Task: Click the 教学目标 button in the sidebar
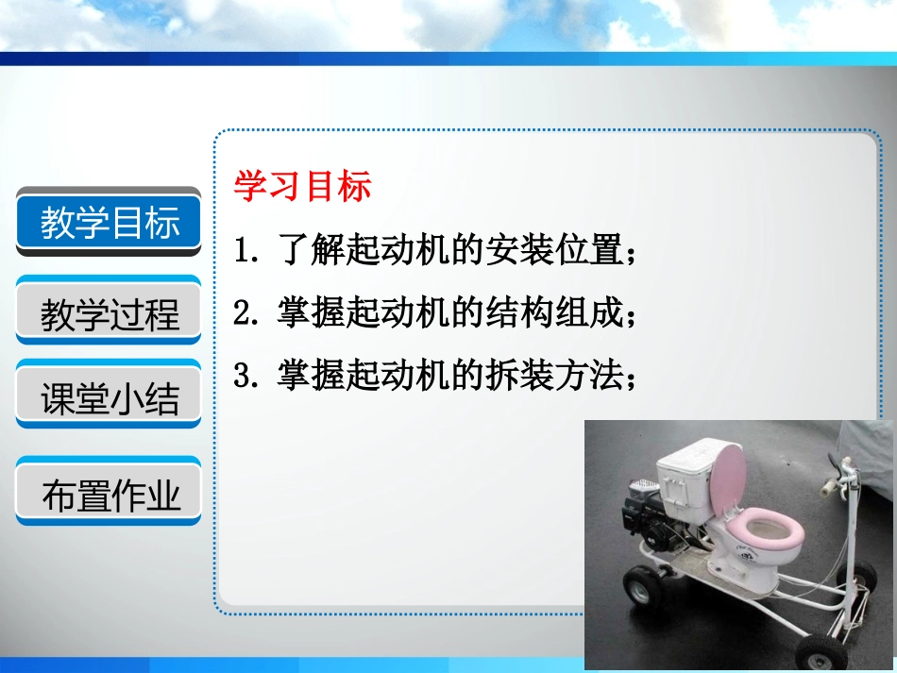(x=109, y=223)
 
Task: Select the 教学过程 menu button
(x=109, y=312)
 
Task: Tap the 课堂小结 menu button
(x=109, y=397)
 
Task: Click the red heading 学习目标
(x=302, y=186)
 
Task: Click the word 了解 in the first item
(x=312, y=251)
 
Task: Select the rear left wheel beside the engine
(x=644, y=586)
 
